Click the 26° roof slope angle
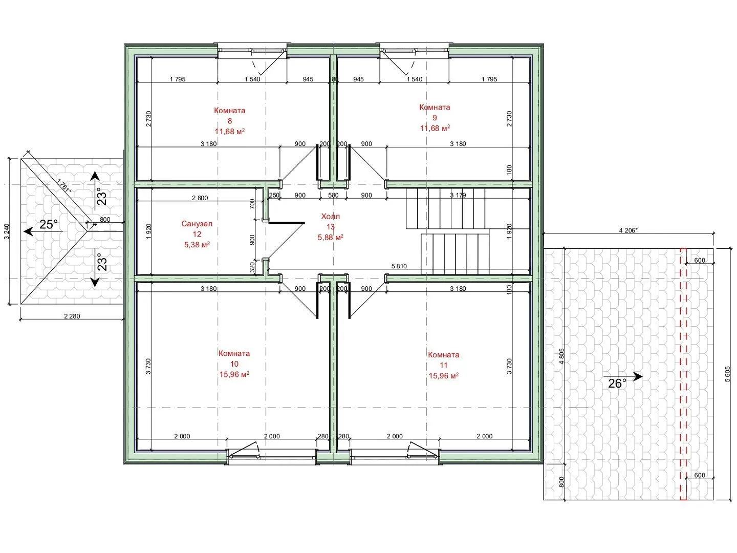pyautogui.click(x=617, y=384)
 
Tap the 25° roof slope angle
pyautogui.click(x=48, y=224)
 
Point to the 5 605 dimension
pyautogui.click(x=727, y=374)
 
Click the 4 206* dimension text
pyautogui.click(x=628, y=230)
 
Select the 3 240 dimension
pyautogui.click(x=7, y=231)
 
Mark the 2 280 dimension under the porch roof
pyautogui.click(x=72, y=316)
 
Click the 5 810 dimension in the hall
pyautogui.click(x=399, y=266)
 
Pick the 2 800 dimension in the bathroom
pyautogui.click(x=200, y=198)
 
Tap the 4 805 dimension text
pyautogui.click(x=562, y=356)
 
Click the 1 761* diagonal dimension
pyautogui.click(x=64, y=186)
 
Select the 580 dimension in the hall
pyautogui.click(x=333, y=196)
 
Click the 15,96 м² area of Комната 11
pyautogui.click(x=444, y=376)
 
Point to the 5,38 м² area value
pyautogui.click(x=197, y=245)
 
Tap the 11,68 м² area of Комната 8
pyautogui.click(x=230, y=131)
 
